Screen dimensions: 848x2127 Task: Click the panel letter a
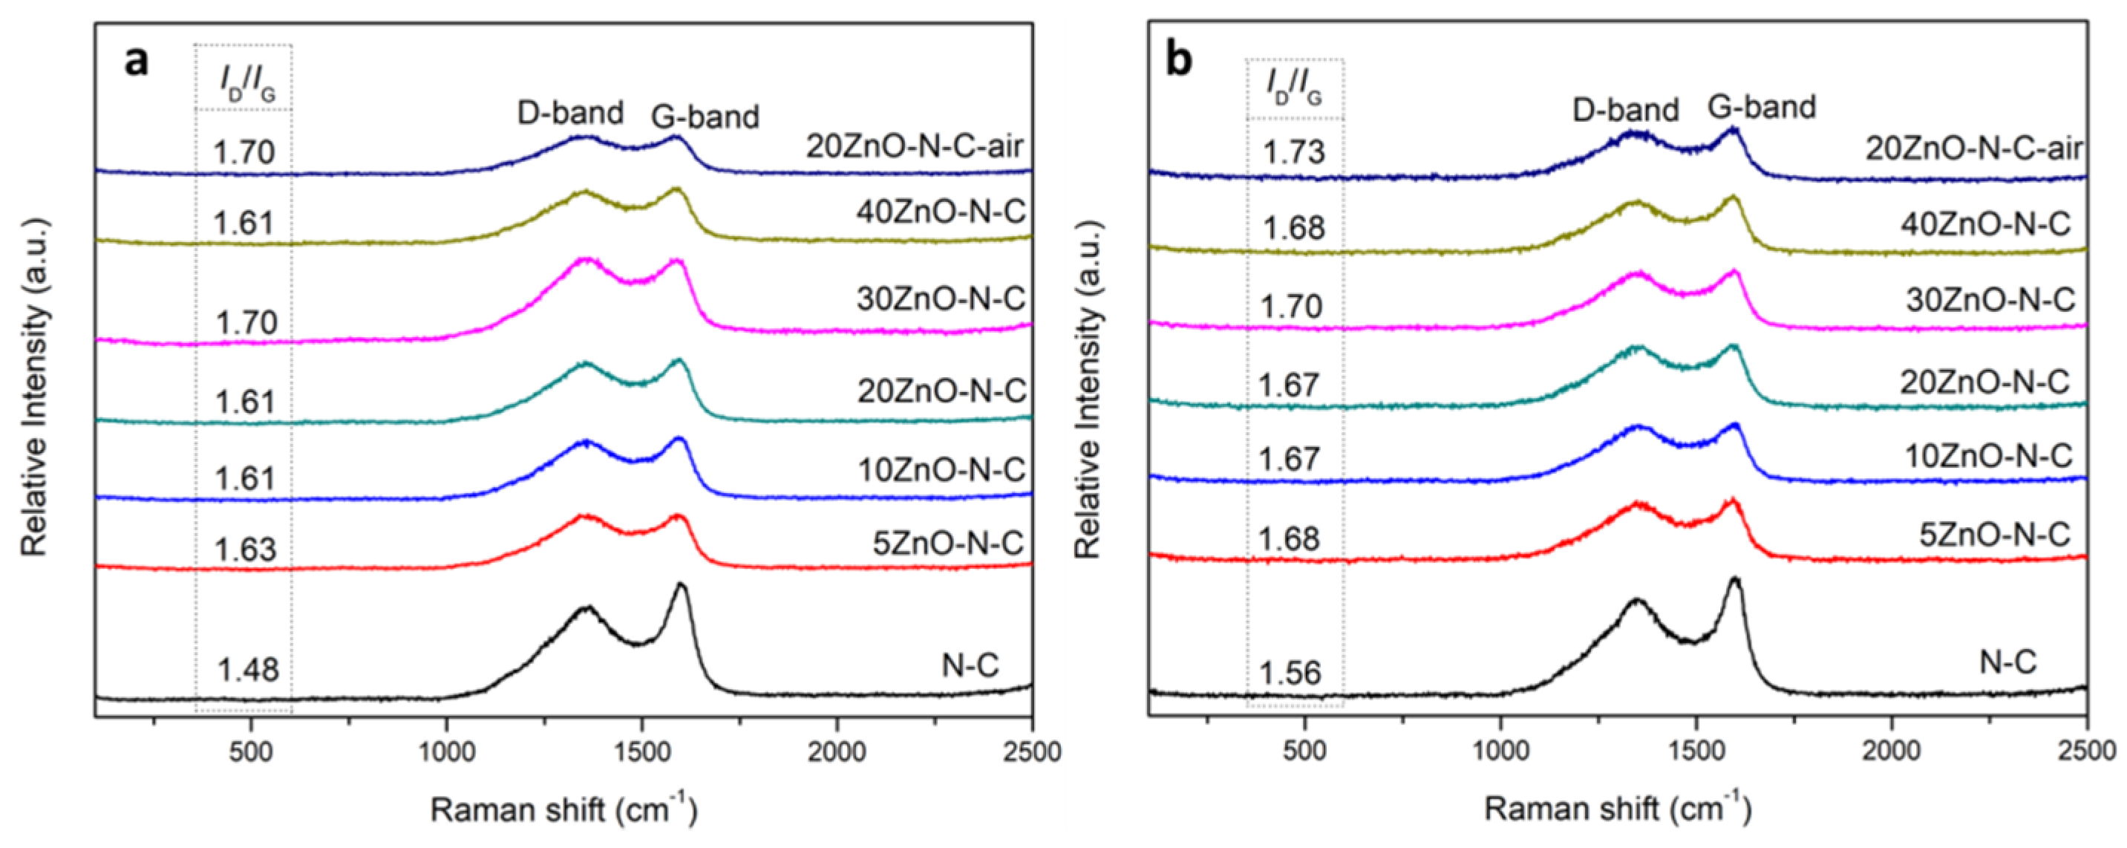tap(137, 61)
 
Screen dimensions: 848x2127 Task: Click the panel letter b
tap(1179, 61)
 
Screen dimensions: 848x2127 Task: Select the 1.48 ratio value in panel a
tap(249, 669)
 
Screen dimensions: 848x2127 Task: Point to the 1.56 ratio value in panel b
tap(1290, 673)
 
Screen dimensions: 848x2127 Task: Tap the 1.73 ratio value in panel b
tap(1294, 152)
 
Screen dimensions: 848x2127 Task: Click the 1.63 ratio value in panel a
tap(245, 549)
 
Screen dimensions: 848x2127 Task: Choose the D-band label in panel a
tap(569, 112)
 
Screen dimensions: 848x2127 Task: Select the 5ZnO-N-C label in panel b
tap(1994, 535)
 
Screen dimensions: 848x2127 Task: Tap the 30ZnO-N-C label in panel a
tap(941, 299)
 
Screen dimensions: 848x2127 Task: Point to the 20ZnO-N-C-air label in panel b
tap(1974, 149)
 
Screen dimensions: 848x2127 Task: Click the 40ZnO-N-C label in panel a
tap(941, 213)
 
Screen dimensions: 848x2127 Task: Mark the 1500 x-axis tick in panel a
tap(641, 752)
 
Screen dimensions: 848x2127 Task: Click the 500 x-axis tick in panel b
tap(1304, 752)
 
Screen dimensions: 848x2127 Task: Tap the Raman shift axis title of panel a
tap(564, 809)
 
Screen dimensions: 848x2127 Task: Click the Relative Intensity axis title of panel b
tap(1089, 388)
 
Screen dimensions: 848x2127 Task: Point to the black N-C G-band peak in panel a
tap(682, 585)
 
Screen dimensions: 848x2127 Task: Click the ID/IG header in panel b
tap(1294, 90)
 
